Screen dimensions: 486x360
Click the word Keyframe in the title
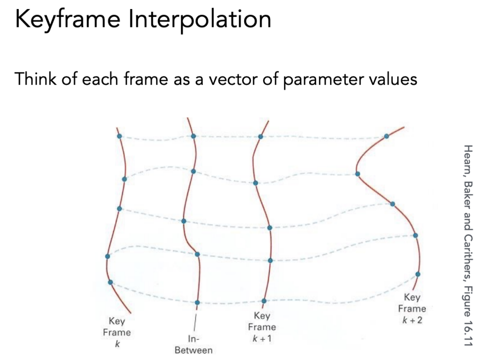click(x=67, y=19)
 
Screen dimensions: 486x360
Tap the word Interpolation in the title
click(x=200, y=19)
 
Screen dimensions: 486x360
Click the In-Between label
click(x=193, y=344)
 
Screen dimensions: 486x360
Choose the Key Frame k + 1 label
click(x=262, y=327)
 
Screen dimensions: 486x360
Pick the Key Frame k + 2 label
click(x=412, y=308)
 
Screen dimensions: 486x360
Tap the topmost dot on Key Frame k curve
click(x=119, y=136)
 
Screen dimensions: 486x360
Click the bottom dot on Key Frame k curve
click(x=110, y=282)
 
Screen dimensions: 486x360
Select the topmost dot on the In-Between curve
click(x=193, y=136)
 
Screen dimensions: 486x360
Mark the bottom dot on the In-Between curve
click(x=197, y=302)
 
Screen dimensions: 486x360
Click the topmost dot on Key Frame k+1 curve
click(x=260, y=136)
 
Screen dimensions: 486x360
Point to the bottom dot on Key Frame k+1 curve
click(x=264, y=300)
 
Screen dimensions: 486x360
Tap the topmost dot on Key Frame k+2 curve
click(x=386, y=136)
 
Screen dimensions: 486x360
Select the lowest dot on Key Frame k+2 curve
click(x=418, y=274)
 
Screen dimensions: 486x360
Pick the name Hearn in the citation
click(x=468, y=159)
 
